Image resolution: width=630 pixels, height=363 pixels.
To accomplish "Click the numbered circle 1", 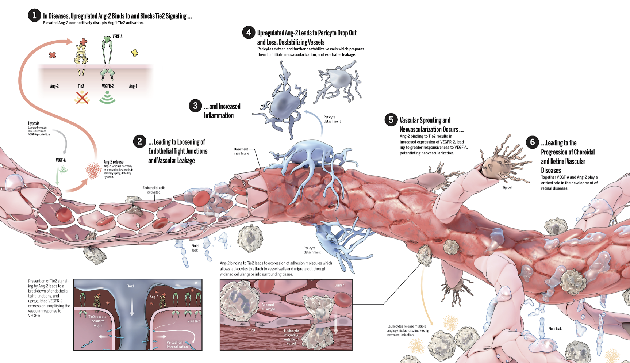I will [x=34, y=15].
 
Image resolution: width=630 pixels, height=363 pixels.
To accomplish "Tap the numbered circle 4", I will [x=249, y=33].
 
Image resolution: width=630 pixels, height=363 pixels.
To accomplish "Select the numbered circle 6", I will [x=532, y=142].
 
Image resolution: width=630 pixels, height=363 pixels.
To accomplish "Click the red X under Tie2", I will [x=82, y=98].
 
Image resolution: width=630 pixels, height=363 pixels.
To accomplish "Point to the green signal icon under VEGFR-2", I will [x=107, y=98].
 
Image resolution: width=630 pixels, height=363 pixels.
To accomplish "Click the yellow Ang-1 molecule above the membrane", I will [x=135, y=53].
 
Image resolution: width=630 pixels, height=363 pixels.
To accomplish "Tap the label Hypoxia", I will [x=34, y=123].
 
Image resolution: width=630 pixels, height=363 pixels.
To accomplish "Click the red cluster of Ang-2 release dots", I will [x=93, y=170].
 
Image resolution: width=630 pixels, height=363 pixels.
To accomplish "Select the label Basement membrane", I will [x=241, y=151].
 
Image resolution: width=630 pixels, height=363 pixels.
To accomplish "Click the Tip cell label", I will [x=507, y=187].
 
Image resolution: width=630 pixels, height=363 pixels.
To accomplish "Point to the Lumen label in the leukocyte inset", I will [x=339, y=285].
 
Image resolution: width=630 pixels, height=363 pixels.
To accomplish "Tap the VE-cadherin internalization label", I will [x=177, y=345].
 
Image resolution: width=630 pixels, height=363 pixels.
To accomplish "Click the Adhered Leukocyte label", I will [x=268, y=307].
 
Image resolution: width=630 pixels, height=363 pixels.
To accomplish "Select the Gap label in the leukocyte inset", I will [x=252, y=330].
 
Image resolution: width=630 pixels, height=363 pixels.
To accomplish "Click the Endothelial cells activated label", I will [x=154, y=190].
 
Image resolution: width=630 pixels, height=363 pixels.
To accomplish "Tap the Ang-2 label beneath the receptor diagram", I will [x=54, y=86].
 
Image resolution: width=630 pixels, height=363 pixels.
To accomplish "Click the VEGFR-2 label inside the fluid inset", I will [x=193, y=321].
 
